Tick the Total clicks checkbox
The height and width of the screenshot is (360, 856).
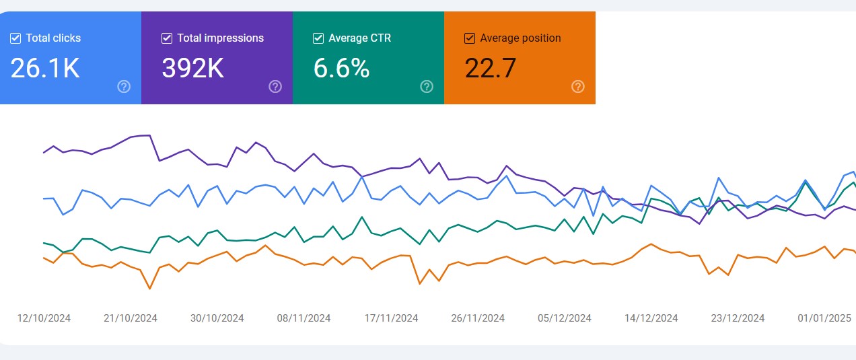15,38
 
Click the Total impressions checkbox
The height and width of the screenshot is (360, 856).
167,38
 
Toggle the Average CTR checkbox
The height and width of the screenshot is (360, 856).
318,38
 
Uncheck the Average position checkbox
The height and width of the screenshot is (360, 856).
470,38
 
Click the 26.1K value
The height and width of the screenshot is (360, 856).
45,68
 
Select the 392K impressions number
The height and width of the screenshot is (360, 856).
193,68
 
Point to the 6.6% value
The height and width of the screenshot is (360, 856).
341,68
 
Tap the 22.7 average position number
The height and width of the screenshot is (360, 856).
491,68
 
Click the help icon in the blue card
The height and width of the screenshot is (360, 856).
124,86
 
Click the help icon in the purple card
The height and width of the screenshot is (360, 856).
275,86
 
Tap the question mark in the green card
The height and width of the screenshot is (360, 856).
427,86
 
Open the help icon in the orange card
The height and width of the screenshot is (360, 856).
578,86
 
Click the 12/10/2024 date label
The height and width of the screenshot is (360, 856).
44,318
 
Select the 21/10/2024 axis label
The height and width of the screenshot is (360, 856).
131,318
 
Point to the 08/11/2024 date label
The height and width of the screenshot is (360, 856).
304,318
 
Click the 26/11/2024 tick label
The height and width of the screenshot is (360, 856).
478,318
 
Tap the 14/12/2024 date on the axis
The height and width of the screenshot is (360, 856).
651,318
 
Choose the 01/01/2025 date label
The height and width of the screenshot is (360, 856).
824,318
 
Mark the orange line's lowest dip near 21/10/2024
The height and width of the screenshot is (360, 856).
149,289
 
